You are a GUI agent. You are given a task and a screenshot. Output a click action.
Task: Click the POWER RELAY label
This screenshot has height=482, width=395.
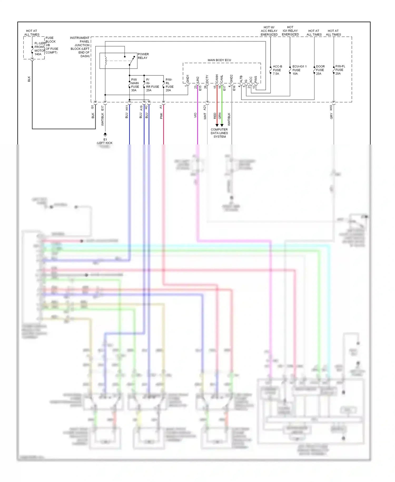pyautogui.click(x=143, y=56)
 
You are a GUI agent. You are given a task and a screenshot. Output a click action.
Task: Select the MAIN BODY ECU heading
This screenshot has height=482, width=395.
pyautogui.click(x=219, y=60)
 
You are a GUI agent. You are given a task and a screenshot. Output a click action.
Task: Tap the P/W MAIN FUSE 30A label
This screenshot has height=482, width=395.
pyautogui.click(x=135, y=85)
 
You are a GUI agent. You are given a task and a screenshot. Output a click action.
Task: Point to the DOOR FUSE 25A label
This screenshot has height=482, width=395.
pyautogui.click(x=320, y=70)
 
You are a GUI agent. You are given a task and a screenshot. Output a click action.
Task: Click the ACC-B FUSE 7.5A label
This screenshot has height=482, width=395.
pyautogui.click(x=277, y=70)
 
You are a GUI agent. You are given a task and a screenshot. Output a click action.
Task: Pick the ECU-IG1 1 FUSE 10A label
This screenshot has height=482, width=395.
pyautogui.click(x=299, y=70)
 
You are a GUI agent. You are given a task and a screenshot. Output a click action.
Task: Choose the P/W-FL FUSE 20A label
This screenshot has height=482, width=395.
pyautogui.click(x=340, y=70)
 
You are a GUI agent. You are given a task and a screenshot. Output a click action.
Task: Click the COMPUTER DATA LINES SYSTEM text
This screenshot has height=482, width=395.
pyautogui.click(x=219, y=133)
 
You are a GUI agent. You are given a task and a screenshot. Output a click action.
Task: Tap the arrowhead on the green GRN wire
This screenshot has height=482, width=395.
pyautogui.click(x=222, y=125)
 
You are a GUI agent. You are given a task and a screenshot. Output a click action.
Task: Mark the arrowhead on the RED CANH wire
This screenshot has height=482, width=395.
pyautogui.click(x=217, y=125)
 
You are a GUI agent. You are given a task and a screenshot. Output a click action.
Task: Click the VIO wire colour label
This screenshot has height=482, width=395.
pyautogui.click(x=195, y=115)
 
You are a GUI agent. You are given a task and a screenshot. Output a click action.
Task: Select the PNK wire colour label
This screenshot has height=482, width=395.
pyautogui.click(x=161, y=116)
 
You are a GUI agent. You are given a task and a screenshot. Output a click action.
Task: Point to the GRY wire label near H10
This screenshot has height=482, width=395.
pyautogui.click(x=331, y=116)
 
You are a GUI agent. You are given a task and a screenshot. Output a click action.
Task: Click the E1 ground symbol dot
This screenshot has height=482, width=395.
pyautogui.click(x=105, y=134)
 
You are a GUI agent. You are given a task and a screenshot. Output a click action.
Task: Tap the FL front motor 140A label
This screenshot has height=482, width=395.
pyautogui.click(x=39, y=49)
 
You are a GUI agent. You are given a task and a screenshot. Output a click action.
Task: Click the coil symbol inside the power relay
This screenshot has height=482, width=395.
pyautogui.click(x=106, y=61)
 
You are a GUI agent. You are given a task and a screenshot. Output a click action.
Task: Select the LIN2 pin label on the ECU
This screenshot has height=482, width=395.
pyautogui.click(x=198, y=80)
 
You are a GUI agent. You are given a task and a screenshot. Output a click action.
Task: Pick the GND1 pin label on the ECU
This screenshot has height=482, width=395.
pyautogui.click(x=188, y=79)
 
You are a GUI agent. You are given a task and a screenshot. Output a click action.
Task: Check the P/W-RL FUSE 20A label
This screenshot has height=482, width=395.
pyautogui.click(x=169, y=85)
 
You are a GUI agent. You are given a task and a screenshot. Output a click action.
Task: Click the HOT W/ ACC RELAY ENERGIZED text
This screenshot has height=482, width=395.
pyautogui.click(x=269, y=31)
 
